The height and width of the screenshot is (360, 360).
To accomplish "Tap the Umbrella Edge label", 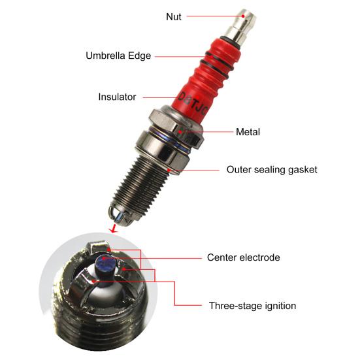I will (118, 56).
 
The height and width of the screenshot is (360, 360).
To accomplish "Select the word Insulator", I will (117, 97).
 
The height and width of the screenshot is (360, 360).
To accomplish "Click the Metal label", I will (248, 132).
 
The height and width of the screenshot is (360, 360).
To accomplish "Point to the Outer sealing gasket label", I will (272, 169).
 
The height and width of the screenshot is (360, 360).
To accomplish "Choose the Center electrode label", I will (243, 257).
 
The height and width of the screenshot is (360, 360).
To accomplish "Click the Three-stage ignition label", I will (253, 305).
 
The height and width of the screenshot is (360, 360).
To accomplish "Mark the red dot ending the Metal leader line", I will (186, 132).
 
